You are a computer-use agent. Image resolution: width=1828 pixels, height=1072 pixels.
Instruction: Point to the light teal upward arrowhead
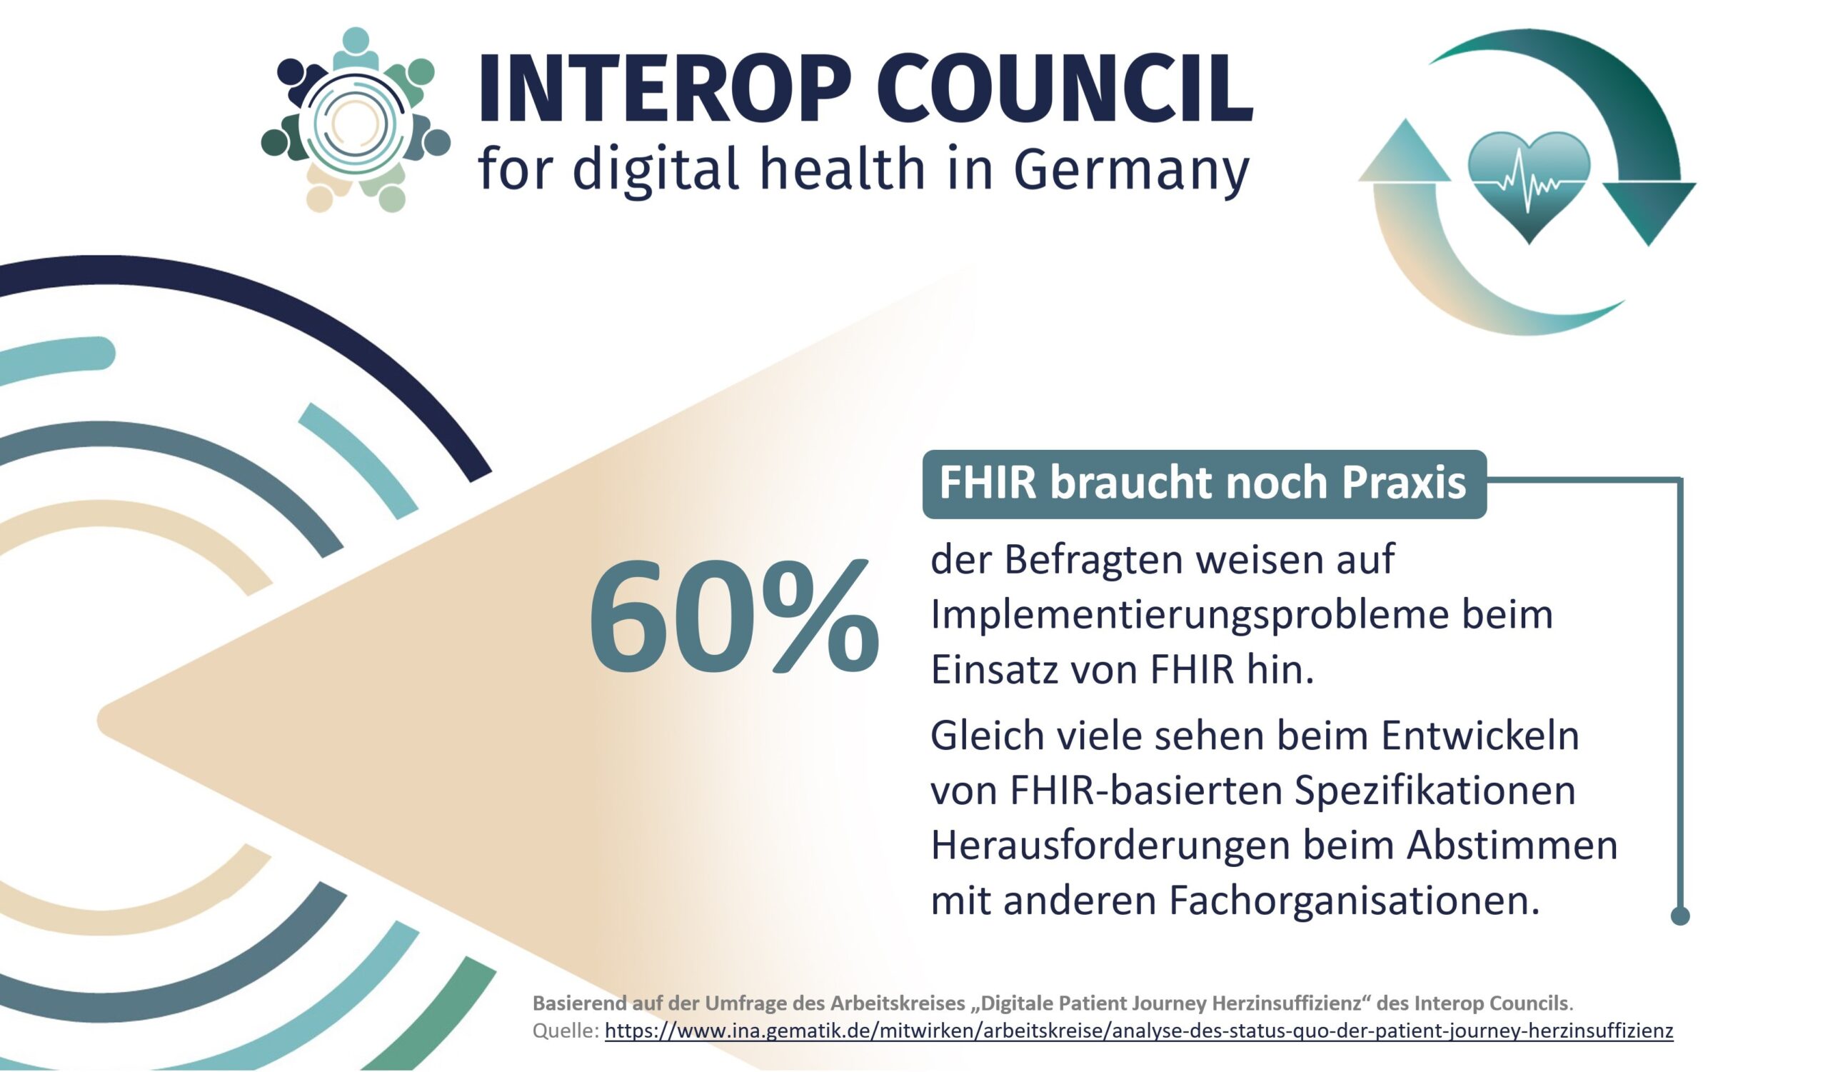[1405, 152]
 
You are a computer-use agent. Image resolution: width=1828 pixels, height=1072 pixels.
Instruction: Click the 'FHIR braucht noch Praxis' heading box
[1203, 483]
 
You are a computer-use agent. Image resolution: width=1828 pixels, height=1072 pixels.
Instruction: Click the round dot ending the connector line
[1680, 916]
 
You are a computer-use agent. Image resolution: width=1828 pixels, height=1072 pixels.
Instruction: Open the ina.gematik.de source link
[1138, 1031]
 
